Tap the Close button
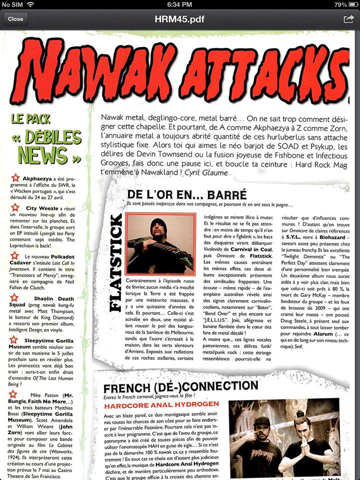click(x=15, y=19)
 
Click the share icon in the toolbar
click(x=348, y=19)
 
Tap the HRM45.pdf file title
click(x=179, y=19)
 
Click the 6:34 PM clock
click(x=179, y=4)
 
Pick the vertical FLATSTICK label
click(x=115, y=262)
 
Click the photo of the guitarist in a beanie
click(x=160, y=243)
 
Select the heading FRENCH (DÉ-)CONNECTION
click(x=180, y=386)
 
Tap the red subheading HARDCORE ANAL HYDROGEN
click(x=161, y=404)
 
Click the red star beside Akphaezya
click(x=16, y=177)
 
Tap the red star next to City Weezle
click(x=16, y=207)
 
